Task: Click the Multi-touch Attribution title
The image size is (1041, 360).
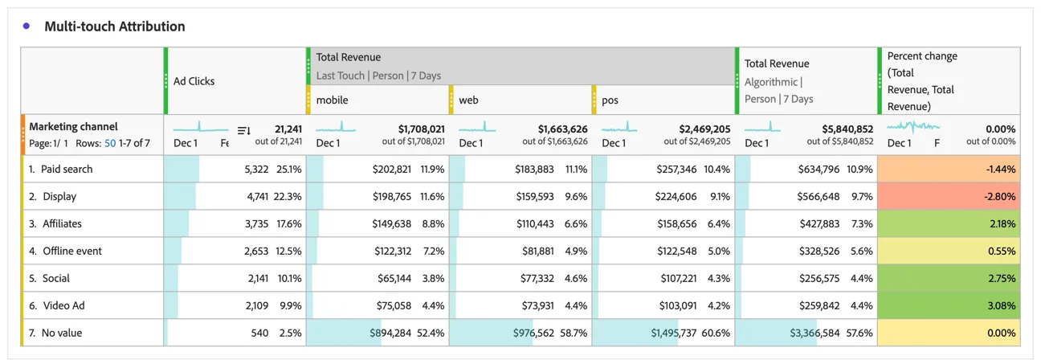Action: pos(114,27)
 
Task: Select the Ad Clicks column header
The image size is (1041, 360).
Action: pos(194,81)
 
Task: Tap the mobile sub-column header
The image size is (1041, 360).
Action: pos(332,100)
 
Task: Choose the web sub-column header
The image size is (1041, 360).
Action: pos(468,100)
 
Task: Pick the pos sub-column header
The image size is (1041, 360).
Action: pos(610,100)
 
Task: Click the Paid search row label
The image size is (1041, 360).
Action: pos(67,169)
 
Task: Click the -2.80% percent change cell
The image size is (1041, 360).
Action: pos(1000,196)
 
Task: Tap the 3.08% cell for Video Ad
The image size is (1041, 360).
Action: pos(1002,305)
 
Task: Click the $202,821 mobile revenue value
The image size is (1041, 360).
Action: pos(392,170)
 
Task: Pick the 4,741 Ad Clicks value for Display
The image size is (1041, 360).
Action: pos(258,197)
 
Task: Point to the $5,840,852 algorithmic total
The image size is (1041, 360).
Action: pos(847,129)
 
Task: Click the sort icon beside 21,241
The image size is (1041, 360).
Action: pos(244,131)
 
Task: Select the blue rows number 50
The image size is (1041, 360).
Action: pos(110,143)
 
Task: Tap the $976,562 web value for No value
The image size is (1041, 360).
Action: pos(533,333)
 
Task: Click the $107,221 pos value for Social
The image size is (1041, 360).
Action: pos(679,279)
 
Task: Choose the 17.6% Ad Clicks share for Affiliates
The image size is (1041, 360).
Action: pos(288,223)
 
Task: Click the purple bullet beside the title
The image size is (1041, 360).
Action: pos(27,26)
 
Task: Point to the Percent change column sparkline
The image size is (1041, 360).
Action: pos(913,126)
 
